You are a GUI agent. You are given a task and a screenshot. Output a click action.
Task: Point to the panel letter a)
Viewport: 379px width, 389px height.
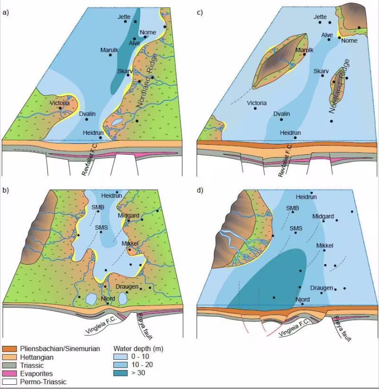(6, 12)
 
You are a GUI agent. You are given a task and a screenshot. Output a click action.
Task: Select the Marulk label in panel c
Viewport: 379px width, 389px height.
(304, 50)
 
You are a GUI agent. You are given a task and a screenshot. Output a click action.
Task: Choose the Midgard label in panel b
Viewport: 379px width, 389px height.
(129, 216)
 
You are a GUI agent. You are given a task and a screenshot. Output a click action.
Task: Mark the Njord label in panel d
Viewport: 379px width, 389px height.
(302, 300)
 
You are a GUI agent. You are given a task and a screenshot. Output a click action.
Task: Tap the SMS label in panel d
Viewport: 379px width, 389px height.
(296, 229)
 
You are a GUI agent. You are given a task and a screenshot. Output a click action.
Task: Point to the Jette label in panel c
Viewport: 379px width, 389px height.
(321, 17)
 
